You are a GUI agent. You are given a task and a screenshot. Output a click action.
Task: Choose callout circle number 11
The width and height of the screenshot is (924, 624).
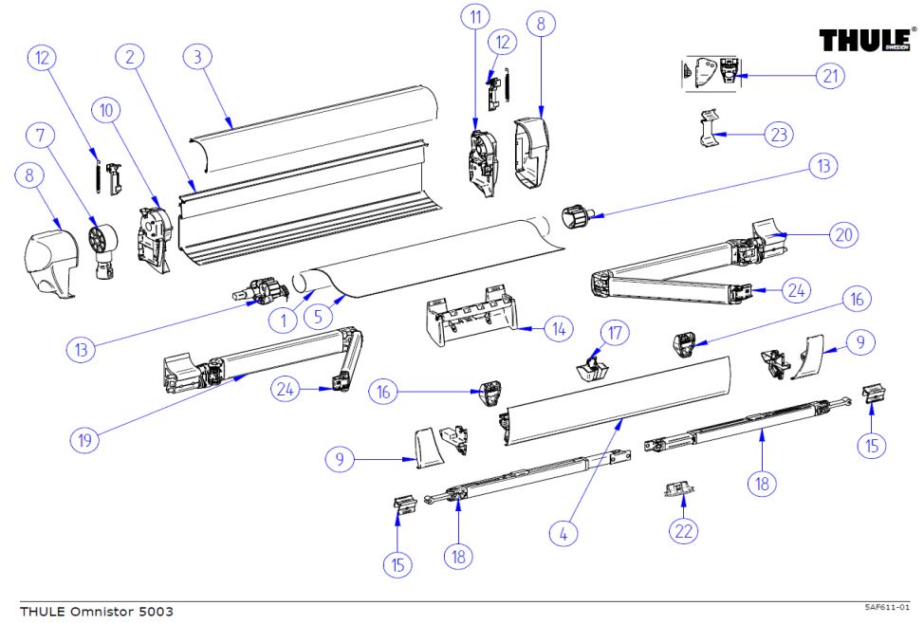474,16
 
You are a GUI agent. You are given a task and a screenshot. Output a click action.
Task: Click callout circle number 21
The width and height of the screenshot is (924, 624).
831,75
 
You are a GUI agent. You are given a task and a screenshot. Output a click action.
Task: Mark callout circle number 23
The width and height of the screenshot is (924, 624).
779,135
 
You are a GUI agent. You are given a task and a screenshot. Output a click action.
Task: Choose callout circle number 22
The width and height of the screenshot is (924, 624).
684,531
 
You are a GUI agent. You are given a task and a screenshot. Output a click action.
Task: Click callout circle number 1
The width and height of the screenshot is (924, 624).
283,321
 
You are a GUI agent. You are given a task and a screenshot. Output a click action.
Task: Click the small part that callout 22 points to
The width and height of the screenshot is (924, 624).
675,488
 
